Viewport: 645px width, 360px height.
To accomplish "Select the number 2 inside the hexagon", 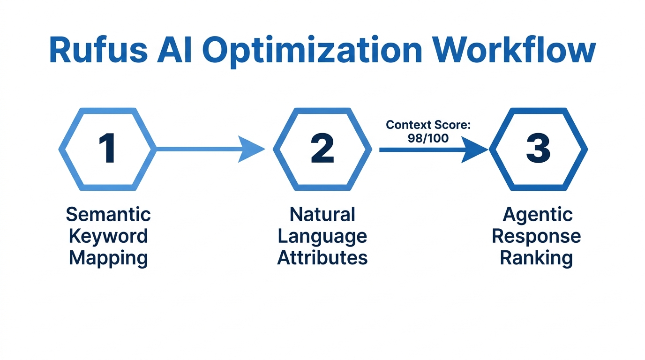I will coord(322,149).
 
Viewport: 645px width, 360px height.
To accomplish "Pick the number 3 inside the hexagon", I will coord(538,149).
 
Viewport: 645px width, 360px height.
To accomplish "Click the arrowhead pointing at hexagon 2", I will coord(250,149).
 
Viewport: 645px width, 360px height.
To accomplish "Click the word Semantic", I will coord(108,214).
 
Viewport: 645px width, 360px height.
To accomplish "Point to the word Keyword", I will coord(108,236).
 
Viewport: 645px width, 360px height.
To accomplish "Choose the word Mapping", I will coord(108,258).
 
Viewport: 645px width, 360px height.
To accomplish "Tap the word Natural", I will coord(322,214).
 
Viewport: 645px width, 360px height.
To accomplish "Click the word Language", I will coord(322,236).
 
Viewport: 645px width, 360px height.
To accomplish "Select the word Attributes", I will coord(322,258).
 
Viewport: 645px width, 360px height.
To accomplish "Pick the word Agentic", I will coord(537,215).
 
